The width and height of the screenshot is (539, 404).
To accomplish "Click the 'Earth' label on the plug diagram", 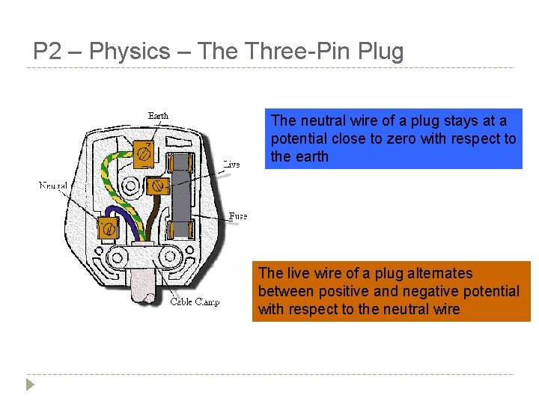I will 158,115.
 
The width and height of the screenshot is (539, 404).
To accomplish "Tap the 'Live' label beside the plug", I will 231,164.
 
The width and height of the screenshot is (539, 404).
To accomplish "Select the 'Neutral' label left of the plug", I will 53,185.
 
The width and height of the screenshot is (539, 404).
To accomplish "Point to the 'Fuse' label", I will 237,216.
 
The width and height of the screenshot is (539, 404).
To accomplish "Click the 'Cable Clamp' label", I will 195,302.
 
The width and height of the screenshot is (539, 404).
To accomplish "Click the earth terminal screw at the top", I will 144,154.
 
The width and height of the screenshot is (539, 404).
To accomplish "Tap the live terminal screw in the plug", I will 157,185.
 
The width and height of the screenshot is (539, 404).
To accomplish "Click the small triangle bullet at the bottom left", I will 29,385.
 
